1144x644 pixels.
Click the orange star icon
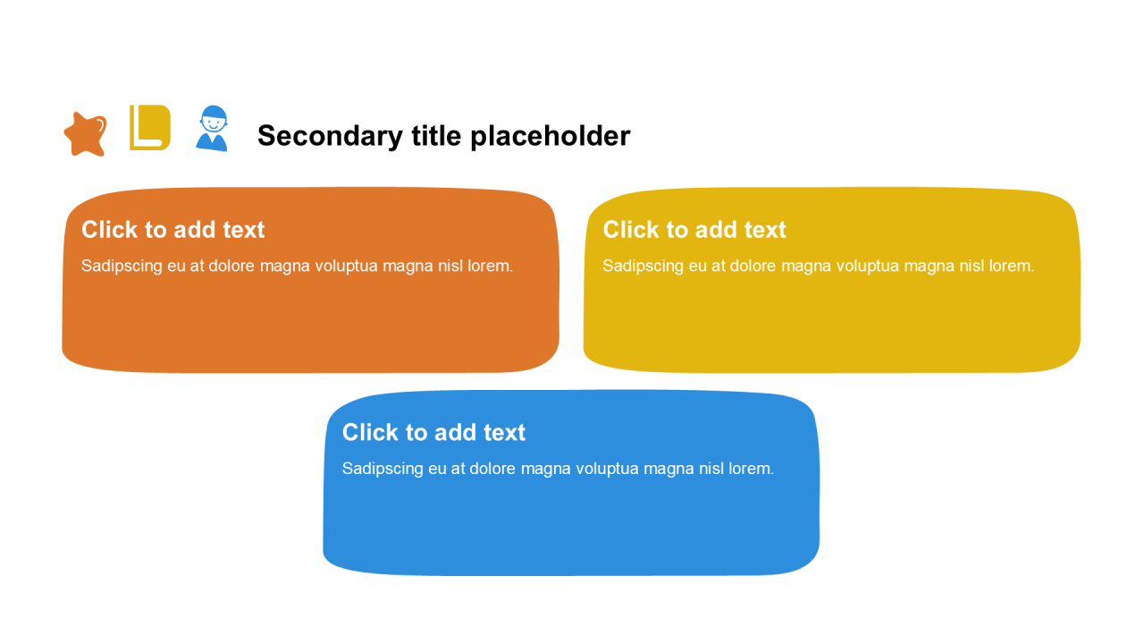coord(85,134)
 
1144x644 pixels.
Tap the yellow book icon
coord(150,128)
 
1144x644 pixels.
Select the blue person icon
coord(212,128)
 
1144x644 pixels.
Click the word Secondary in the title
coord(330,136)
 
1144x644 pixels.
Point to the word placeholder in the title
coord(550,136)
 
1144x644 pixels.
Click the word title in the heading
coord(436,136)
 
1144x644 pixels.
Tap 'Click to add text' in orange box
coord(173,230)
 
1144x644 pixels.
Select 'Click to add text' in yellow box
coord(694,230)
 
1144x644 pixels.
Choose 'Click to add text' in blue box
coord(434,432)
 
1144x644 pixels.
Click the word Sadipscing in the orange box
coord(122,267)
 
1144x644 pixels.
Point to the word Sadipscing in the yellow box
coord(643,267)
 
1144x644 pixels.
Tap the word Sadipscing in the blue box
coord(383,470)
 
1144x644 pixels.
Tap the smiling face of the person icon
coord(214,124)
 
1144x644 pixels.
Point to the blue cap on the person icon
coord(214,113)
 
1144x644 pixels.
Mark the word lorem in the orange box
coord(491,267)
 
